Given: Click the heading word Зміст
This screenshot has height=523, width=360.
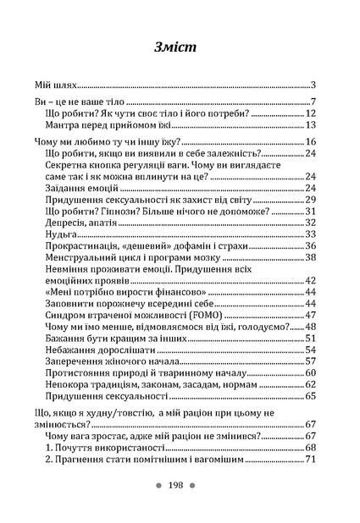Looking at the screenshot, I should (x=180, y=48).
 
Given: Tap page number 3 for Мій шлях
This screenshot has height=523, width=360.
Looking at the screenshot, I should (x=313, y=85).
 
